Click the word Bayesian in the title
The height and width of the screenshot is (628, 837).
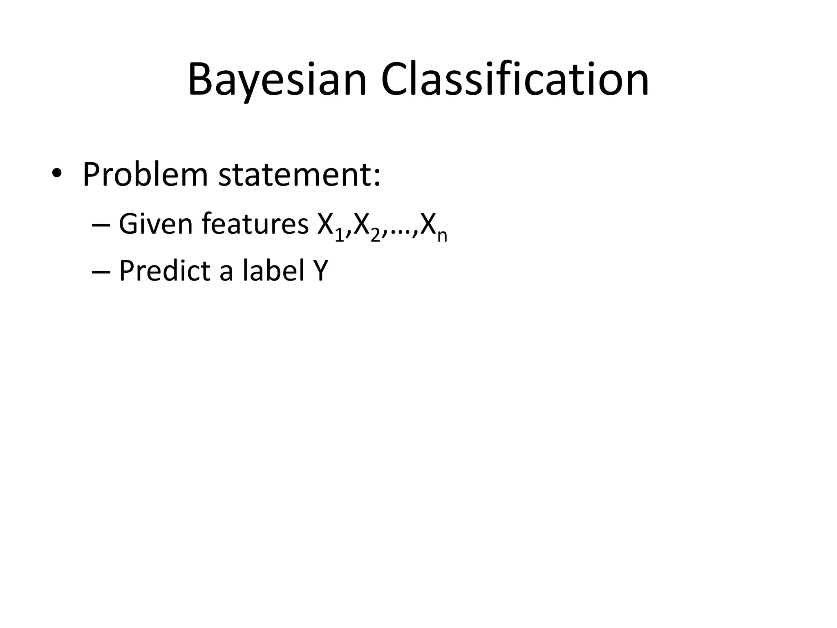277,80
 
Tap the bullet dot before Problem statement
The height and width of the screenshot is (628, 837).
57,174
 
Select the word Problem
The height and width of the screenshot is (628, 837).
145,175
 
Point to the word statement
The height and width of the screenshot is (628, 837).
294,175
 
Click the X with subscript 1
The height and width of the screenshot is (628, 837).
326,224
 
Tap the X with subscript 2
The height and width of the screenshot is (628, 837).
362,224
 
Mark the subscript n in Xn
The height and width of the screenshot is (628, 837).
442,237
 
